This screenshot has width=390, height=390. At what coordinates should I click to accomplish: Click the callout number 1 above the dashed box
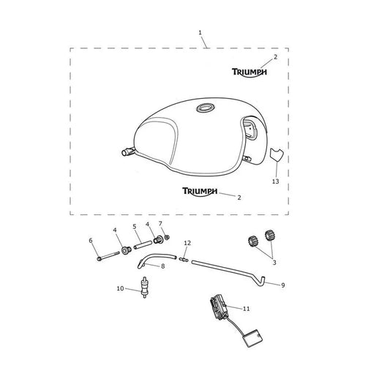click(200, 33)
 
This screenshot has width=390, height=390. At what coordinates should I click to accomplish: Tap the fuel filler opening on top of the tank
click(206, 108)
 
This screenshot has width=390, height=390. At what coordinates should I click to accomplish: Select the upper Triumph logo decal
click(250, 72)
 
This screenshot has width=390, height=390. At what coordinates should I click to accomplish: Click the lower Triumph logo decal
click(200, 192)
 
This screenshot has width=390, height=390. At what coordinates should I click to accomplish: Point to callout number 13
click(276, 181)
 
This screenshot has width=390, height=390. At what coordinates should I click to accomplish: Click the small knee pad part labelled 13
click(276, 154)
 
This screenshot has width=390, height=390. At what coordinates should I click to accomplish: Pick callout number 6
click(91, 241)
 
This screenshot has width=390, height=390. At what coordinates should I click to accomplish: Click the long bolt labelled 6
click(108, 256)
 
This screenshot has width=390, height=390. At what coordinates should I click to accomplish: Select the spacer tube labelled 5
click(143, 244)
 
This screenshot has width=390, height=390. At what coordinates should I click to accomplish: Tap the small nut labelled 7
click(167, 237)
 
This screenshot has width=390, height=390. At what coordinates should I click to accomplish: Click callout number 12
click(187, 243)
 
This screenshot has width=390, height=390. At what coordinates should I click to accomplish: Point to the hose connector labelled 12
click(184, 260)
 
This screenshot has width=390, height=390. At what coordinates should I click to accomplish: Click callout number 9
click(282, 285)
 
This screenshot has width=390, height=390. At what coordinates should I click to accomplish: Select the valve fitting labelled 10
click(144, 287)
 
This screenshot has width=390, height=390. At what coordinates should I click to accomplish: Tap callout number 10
click(120, 288)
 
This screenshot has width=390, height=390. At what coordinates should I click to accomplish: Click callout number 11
click(247, 309)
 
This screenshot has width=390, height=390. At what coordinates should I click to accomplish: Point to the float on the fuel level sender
click(252, 338)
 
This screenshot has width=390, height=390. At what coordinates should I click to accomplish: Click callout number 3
click(274, 263)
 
